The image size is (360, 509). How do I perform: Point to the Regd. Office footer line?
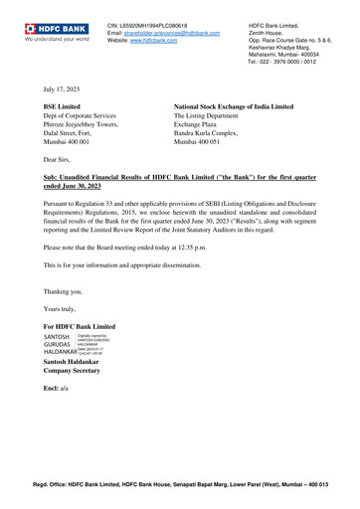click(194, 484)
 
